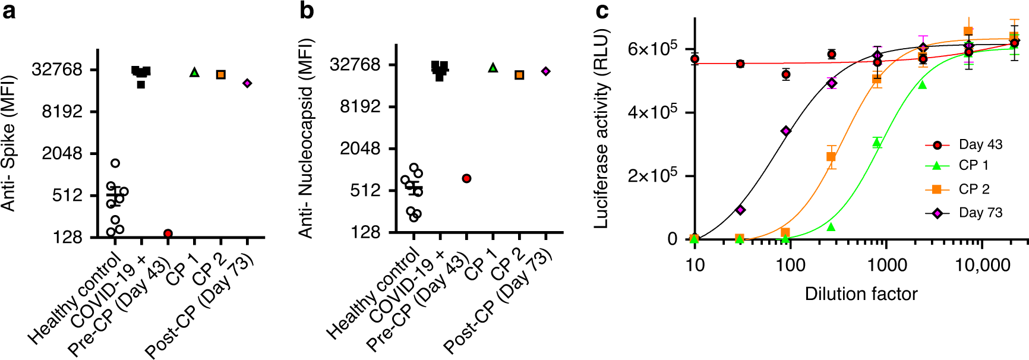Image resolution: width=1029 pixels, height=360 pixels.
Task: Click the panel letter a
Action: pyautogui.click(x=8, y=11)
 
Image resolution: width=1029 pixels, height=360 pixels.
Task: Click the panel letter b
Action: pyautogui.click(x=307, y=10)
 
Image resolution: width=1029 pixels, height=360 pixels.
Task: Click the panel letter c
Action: pyautogui.click(x=602, y=11)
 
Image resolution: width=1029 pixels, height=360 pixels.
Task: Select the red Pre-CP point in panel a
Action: pyautogui.click(x=168, y=233)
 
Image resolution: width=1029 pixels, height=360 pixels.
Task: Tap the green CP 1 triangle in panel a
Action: pyautogui.click(x=194, y=72)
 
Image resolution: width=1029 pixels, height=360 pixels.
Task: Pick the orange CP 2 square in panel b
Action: pyautogui.click(x=519, y=75)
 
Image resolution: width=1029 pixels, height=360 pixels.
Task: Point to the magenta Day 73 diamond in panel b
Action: pyautogui.click(x=545, y=71)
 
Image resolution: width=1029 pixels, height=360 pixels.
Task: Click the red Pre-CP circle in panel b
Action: pyautogui.click(x=466, y=178)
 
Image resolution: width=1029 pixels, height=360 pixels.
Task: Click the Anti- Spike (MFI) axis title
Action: pyautogui.click(x=8, y=143)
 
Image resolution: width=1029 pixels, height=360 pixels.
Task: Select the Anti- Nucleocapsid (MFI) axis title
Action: pyautogui.click(x=306, y=138)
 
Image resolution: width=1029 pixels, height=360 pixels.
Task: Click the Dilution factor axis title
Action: pyautogui.click(x=861, y=293)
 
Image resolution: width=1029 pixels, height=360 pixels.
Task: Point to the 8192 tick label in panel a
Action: pyautogui.click(x=62, y=112)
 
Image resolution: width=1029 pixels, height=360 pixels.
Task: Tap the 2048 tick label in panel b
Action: pyautogui.click(x=360, y=149)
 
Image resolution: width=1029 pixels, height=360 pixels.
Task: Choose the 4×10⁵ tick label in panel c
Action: pyautogui.click(x=652, y=112)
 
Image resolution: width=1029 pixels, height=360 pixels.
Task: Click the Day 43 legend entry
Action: pyautogui.click(x=980, y=144)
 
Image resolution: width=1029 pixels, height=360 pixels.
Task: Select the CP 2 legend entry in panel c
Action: pyautogui.click(x=974, y=189)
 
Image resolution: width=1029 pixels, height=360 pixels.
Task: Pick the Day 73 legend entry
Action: pyautogui.click(x=980, y=213)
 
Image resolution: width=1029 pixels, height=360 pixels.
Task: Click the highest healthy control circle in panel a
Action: pyautogui.click(x=115, y=163)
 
